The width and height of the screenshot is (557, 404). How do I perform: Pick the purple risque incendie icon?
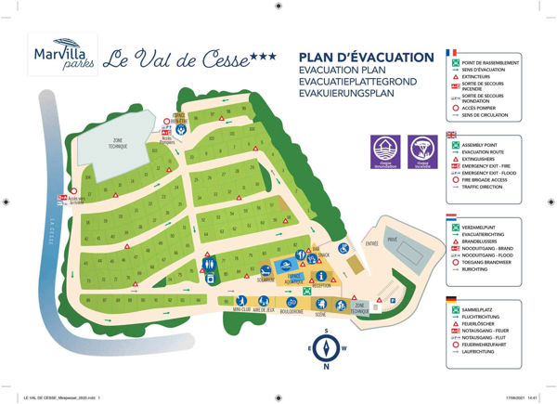point(423,150)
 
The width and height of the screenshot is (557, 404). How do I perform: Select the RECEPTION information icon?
point(322,276)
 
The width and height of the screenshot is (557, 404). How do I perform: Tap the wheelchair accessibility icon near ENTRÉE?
point(342,248)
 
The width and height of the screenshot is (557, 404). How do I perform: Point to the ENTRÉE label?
point(372,242)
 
